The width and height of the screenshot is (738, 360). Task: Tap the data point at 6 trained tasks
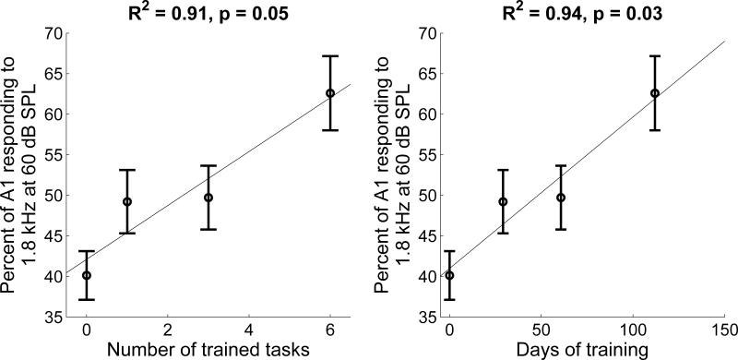tap(330, 93)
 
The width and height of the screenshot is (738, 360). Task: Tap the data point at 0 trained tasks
tap(87, 275)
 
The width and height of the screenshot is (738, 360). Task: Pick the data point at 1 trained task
tap(127, 201)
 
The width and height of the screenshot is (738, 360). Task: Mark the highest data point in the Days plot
tap(655, 93)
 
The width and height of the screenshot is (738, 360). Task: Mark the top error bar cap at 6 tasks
tap(330, 56)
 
